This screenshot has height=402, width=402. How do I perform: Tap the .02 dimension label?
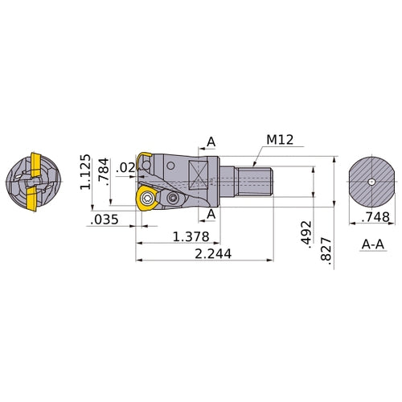125,167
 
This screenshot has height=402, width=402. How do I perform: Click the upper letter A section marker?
211,142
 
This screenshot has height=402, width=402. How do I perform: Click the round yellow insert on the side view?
147,199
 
